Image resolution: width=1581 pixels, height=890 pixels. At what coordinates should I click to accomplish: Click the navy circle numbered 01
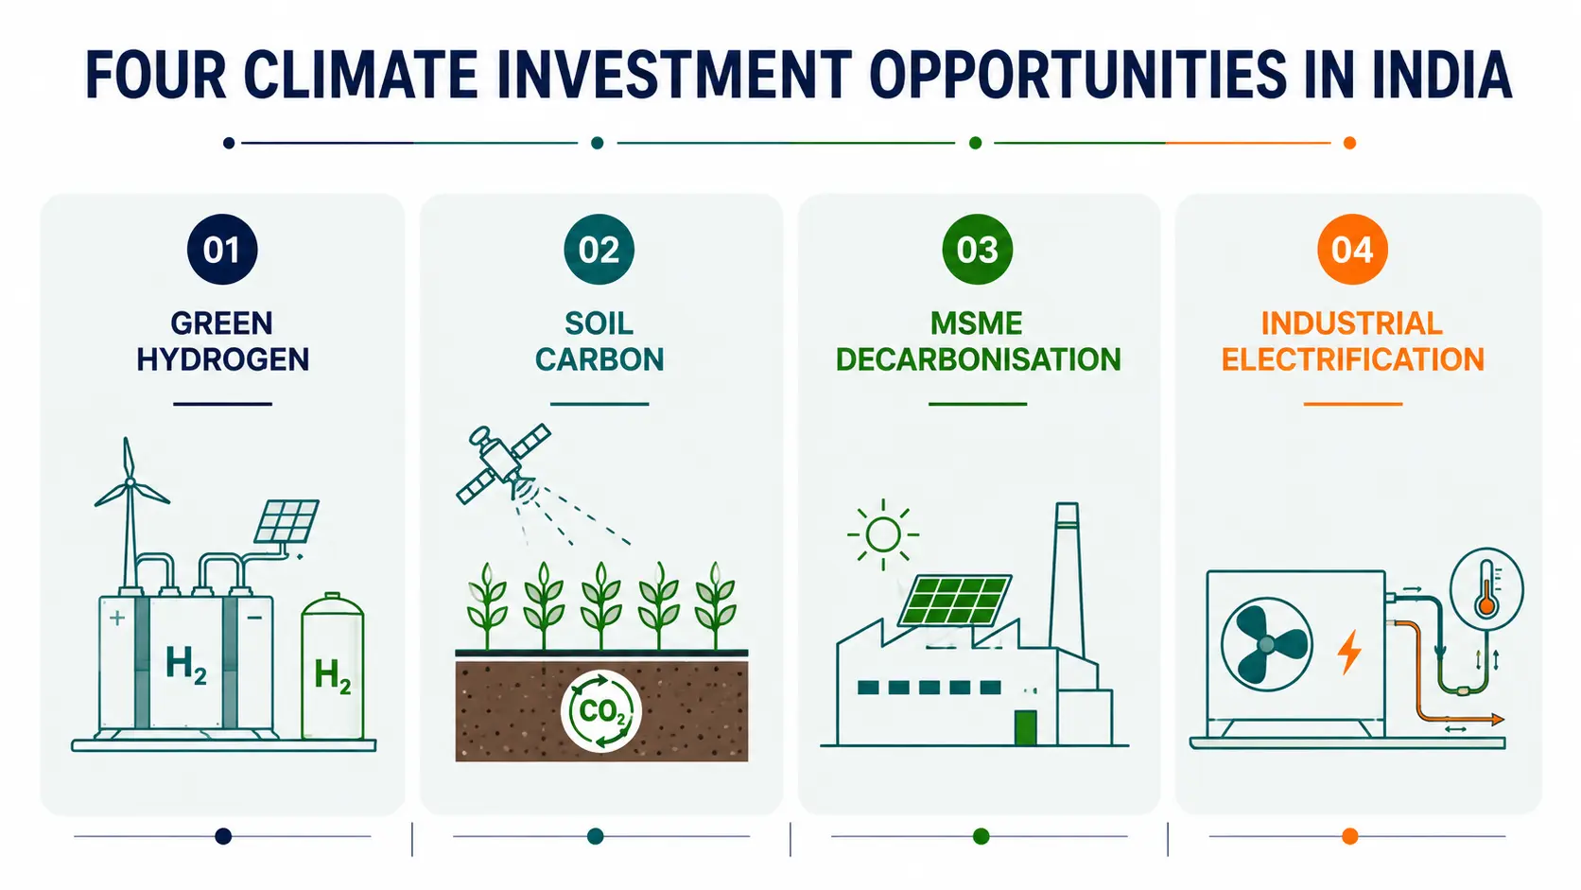[x=222, y=249]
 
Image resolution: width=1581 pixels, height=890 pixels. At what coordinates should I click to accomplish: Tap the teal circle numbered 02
[x=599, y=249]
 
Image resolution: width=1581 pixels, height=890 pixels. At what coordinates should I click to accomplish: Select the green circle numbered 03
[x=978, y=249]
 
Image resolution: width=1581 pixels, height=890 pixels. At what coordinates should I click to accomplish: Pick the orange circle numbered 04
[x=1352, y=249]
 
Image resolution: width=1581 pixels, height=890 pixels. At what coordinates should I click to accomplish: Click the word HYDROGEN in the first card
[x=222, y=359]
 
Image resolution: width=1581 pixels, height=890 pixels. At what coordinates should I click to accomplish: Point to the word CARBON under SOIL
[x=599, y=359]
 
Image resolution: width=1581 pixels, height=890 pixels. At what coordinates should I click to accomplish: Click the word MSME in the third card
[x=977, y=323]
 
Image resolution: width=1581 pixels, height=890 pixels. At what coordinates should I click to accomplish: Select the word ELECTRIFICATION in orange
[x=1352, y=359]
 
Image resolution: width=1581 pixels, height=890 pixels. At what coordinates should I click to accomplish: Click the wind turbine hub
[x=130, y=482]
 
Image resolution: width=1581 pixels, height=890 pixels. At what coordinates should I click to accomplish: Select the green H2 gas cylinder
[x=333, y=666]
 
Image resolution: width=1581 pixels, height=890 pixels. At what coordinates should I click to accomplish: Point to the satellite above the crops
[x=502, y=462]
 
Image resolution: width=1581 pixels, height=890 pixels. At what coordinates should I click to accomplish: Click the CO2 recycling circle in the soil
[x=600, y=710]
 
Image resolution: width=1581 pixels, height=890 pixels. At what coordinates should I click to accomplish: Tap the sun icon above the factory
[x=882, y=534]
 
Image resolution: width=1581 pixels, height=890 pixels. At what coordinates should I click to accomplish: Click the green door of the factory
[x=1026, y=727]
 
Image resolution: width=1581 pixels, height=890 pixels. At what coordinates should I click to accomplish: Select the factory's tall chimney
[x=1067, y=580]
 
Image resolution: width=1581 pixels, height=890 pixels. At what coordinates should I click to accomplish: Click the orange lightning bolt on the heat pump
[x=1348, y=652]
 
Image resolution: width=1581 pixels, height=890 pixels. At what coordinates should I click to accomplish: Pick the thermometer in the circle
[x=1486, y=589]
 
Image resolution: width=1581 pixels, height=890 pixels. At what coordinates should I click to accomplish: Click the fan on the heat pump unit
[x=1267, y=644]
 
